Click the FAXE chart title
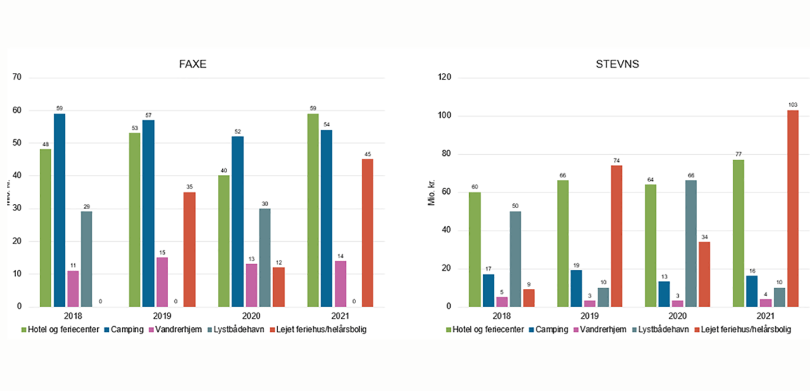[193, 64]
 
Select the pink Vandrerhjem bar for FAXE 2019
[162, 282]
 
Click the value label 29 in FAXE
[87, 207]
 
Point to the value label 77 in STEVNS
[737, 155]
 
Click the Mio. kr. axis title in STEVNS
[431, 192]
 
